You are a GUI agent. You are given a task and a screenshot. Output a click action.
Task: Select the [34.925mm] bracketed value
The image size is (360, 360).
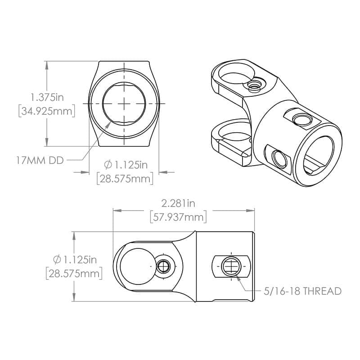point(47,111)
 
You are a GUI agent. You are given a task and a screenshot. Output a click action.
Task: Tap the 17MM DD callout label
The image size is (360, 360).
point(39,159)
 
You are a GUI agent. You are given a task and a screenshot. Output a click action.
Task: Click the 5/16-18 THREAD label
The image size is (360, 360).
point(303,291)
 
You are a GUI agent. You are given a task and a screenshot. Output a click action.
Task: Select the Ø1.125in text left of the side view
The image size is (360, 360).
point(75,260)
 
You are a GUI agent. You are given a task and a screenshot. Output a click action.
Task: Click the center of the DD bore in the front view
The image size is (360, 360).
point(124,103)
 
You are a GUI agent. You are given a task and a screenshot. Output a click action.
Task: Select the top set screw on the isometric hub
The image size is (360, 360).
point(300,119)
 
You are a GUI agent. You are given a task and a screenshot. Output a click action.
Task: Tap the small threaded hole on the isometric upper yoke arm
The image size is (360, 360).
point(254,85)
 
